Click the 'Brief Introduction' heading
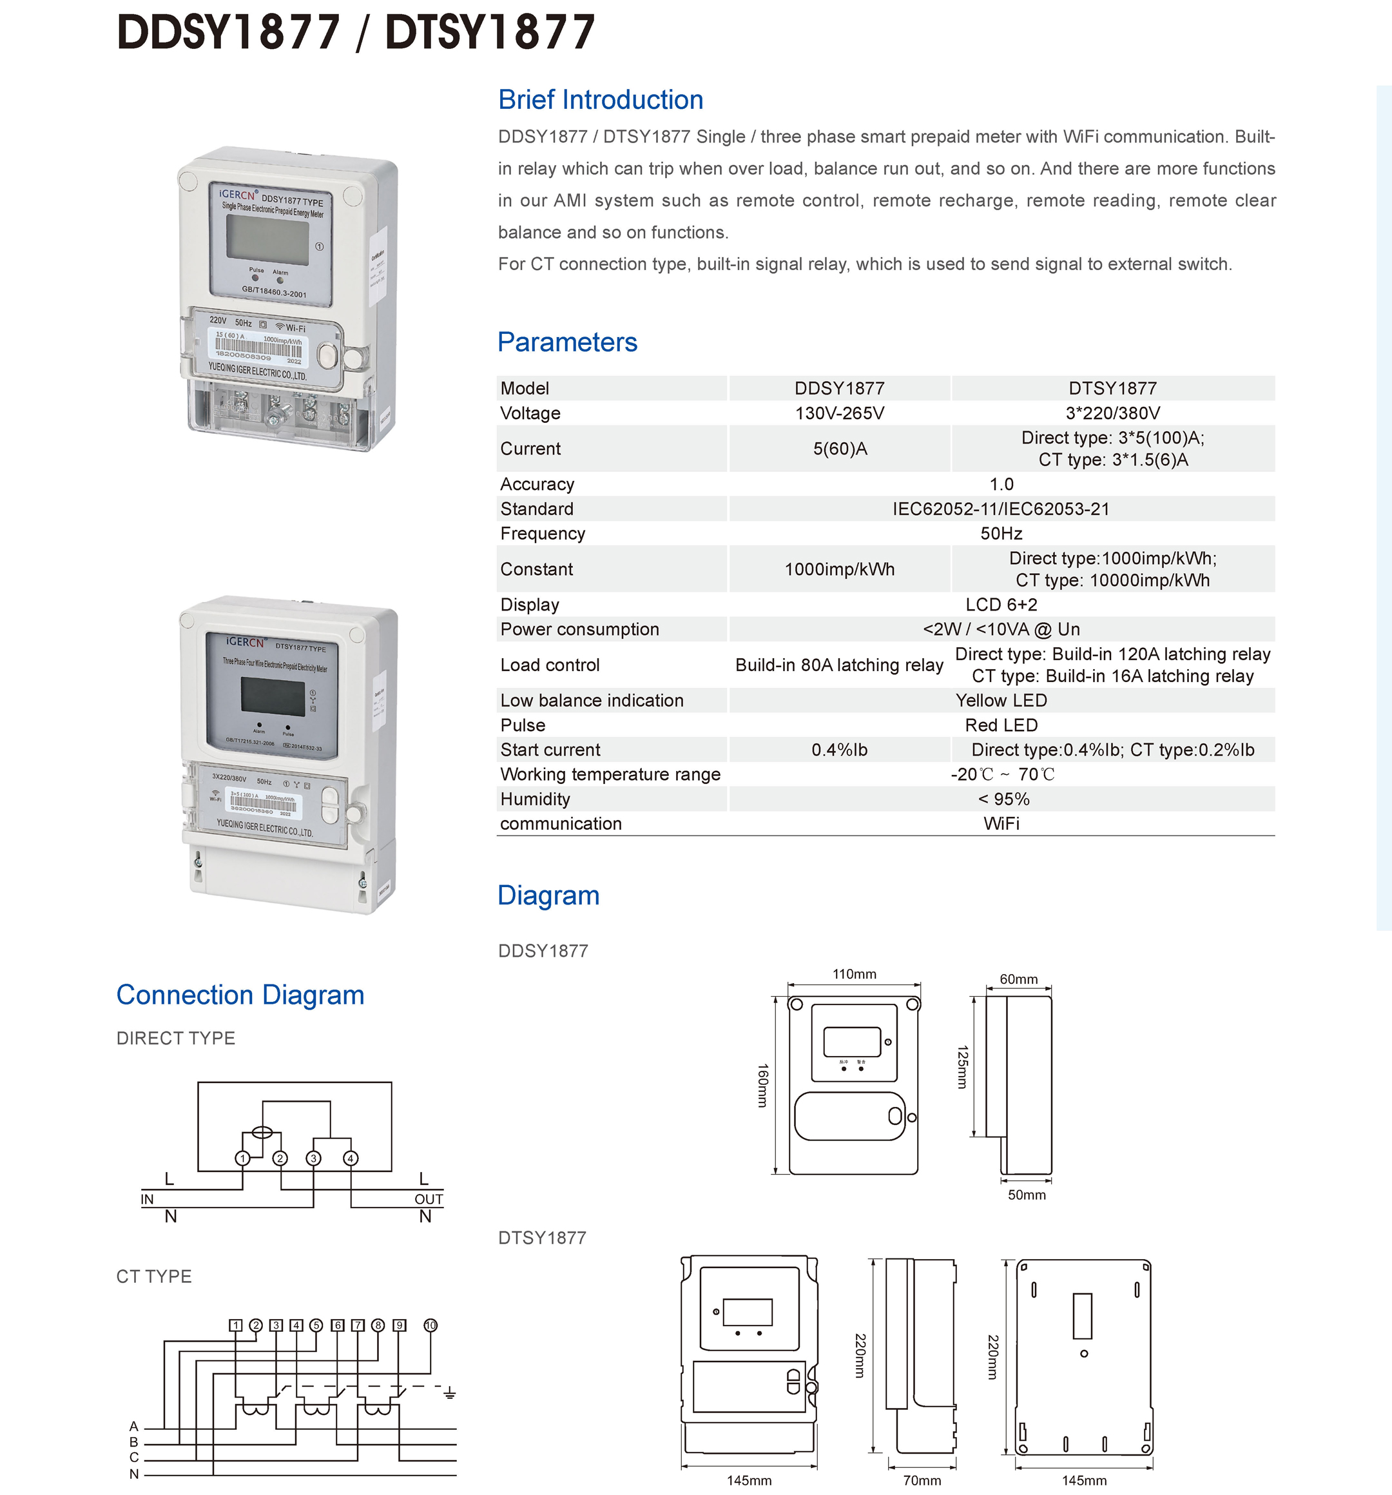[600, 99]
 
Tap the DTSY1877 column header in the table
[1112, 388]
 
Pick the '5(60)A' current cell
[839, 449]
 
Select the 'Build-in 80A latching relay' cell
[839, 665]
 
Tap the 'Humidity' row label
[535, 799]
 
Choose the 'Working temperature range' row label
[610, 774]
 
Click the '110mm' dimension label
[854, 974]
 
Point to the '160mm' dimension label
[762, 1085]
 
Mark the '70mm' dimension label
[922, 1480]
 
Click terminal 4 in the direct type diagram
[350, 1158]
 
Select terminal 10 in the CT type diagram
[430, 1325]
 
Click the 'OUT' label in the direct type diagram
[429, 1200]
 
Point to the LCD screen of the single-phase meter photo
[267, 239]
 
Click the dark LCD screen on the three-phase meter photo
[272, 694]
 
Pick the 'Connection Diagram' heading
[240, 995]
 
